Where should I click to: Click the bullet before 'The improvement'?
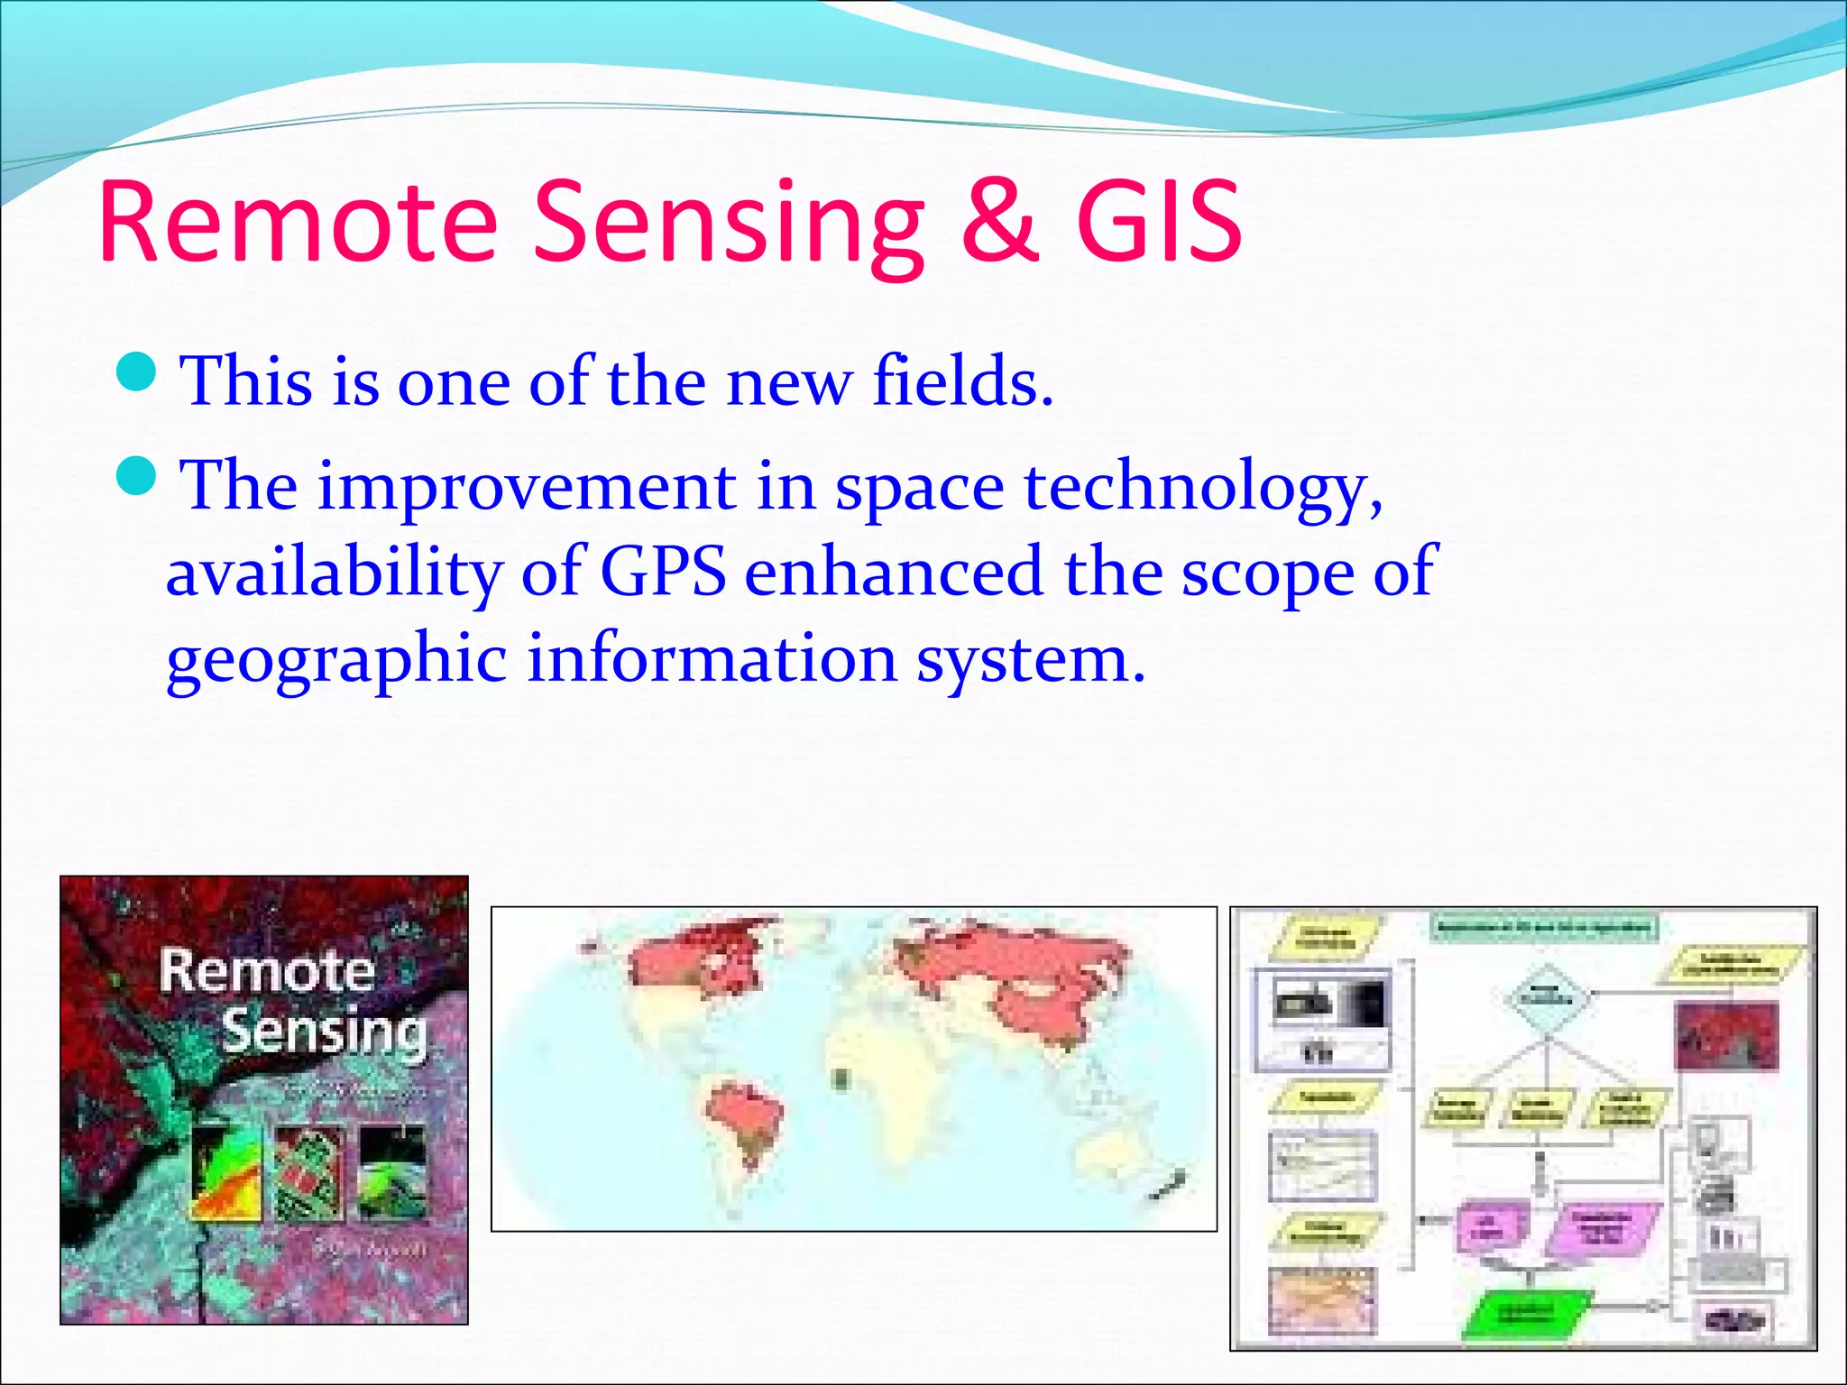138,476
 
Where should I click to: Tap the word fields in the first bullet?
962,381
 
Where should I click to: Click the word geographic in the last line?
335,660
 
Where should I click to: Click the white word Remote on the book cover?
267,972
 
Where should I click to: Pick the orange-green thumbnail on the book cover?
226,1172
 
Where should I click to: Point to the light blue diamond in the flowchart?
1548,998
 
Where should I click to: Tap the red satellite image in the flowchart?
1726,1034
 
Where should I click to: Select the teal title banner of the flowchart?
1544,927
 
